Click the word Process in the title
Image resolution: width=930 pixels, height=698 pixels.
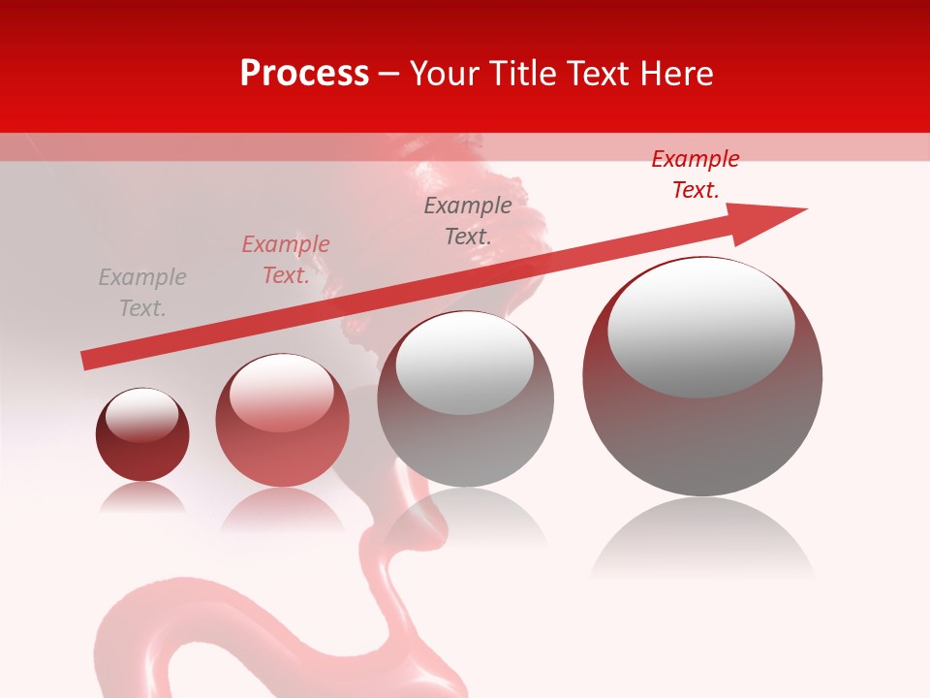(304, 74)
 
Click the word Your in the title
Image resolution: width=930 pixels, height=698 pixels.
(444, 74)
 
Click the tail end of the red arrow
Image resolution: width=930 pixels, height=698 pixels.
(87, 361)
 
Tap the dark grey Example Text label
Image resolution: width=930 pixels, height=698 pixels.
(468, 220)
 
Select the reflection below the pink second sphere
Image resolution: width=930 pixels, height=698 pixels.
(281, 509)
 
